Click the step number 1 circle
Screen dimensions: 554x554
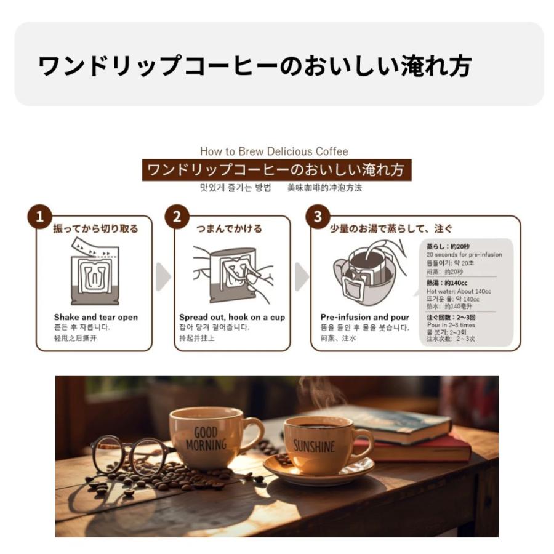click(x=40, y=217)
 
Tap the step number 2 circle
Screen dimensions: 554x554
click(x=178, y=217)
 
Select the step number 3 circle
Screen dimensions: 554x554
click(x=318, y=217)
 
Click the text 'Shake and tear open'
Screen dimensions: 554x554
click(x=95, y=318)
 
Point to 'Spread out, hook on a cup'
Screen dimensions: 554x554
click(x=232, y=318)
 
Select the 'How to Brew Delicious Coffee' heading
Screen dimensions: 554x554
click(x=274, y=151)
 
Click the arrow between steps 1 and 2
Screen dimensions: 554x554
click(x=163, y=277)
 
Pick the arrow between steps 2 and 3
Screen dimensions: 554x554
click(x=301, y=277)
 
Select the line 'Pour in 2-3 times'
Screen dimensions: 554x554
click(x=451, y=324)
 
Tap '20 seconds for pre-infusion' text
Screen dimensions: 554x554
click(x=464, y=255)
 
